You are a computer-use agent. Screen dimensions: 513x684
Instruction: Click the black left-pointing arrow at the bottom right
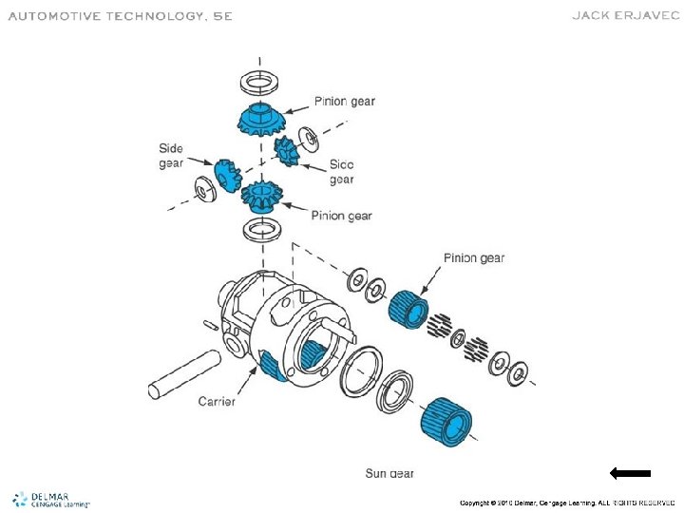coord(630,472)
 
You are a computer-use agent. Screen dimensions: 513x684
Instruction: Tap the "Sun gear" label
coord(389,473)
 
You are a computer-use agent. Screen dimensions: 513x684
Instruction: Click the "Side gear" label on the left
coord(171,156)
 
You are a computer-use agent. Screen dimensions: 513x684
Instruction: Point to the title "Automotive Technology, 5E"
coord(120,16)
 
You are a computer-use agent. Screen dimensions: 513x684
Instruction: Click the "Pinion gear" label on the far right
coord(474,257)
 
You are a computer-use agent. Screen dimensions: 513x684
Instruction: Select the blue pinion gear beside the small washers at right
coord(408,306)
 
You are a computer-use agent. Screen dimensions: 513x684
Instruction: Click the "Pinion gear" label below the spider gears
coord(341,216)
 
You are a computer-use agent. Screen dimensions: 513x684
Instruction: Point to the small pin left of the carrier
coord(211,326)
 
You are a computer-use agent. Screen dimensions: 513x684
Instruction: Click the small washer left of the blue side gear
coord(201,188)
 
